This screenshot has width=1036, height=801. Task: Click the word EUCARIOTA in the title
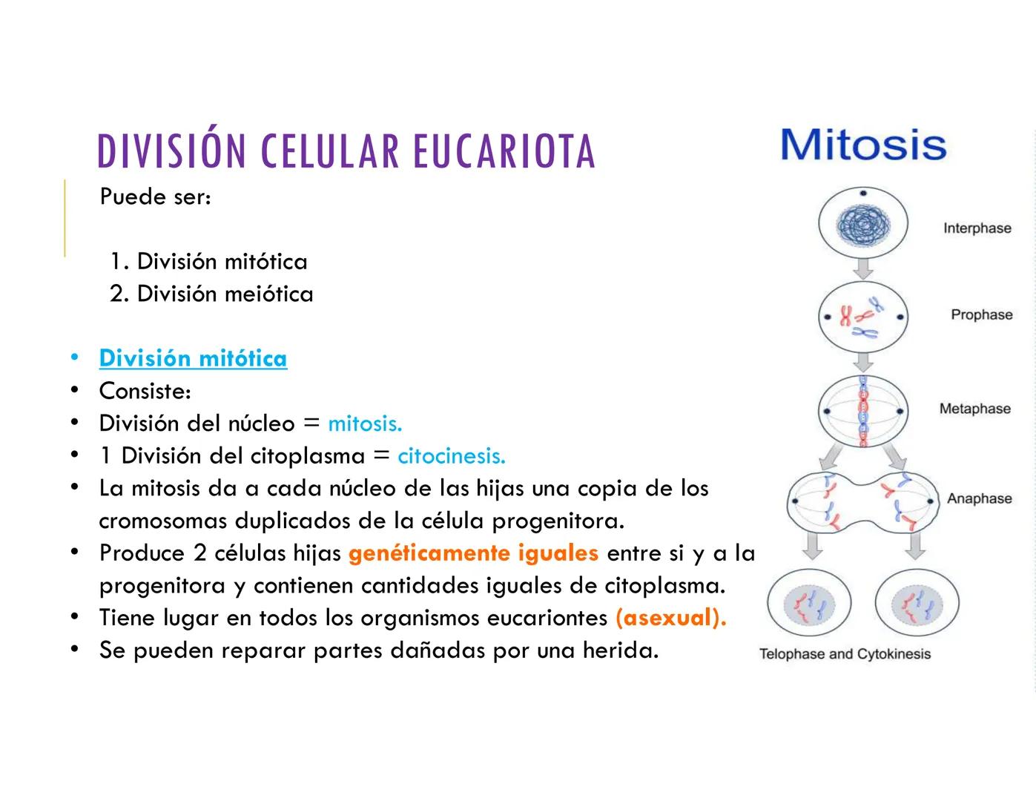point(504,151)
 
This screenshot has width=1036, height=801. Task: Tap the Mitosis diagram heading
point(863,145)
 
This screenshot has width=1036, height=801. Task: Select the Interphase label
point(977,228)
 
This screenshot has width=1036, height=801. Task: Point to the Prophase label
point(981,314)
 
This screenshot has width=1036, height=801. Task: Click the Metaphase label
point(974,409)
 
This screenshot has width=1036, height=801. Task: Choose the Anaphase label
point(979,498)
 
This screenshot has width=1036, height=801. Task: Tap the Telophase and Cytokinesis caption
point(845,654)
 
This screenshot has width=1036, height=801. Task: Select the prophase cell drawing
point(862,317)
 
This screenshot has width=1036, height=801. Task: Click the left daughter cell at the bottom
point(808,604)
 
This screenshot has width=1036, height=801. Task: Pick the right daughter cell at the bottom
point(917,604)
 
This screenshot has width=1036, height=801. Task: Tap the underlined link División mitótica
point(193,358)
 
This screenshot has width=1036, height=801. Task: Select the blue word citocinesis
point(451,455)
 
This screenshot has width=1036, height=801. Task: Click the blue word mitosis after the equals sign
point(364,423)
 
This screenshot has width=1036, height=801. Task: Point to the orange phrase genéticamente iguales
point(473,553)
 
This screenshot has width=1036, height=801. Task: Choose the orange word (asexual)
point(670,618)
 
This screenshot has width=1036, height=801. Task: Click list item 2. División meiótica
point(211,294)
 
